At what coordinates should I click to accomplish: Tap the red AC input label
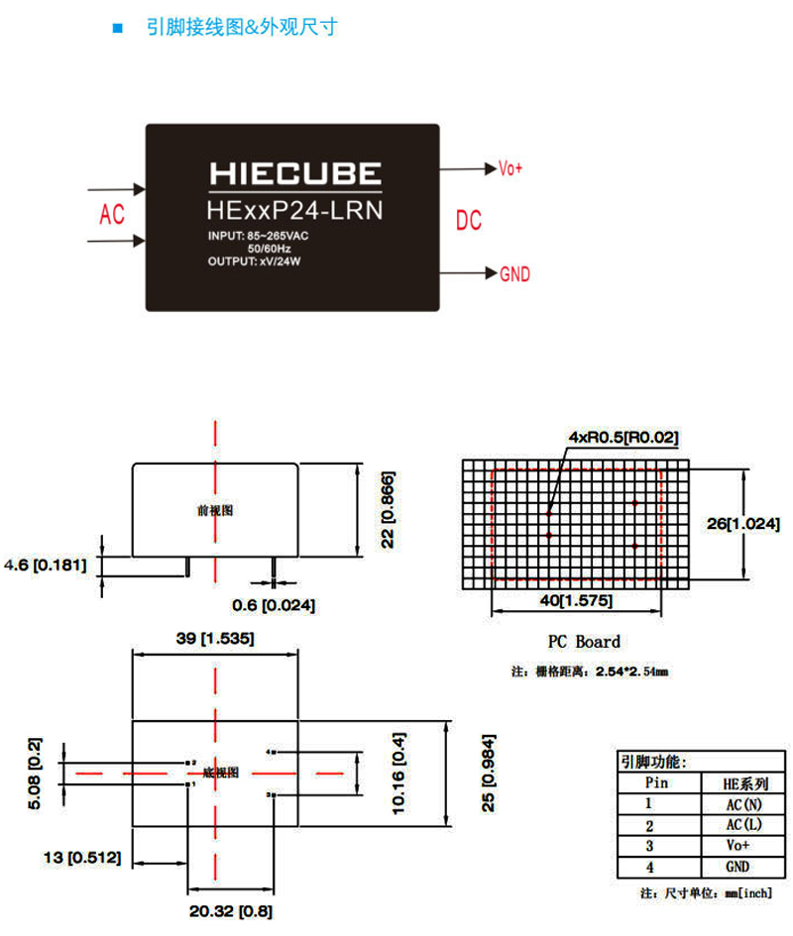112,214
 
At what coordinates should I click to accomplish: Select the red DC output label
468,220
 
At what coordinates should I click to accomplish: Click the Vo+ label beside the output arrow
510,168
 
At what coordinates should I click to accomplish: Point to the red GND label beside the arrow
514,274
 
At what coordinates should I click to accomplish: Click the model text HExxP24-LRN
294,210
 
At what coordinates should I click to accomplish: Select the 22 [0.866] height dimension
388,509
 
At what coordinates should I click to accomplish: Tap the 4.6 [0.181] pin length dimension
47,566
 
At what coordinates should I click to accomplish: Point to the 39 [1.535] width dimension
214,640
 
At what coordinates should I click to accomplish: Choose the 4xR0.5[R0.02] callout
623,437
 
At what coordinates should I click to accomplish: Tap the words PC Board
584,642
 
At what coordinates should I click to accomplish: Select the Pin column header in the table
649,782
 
